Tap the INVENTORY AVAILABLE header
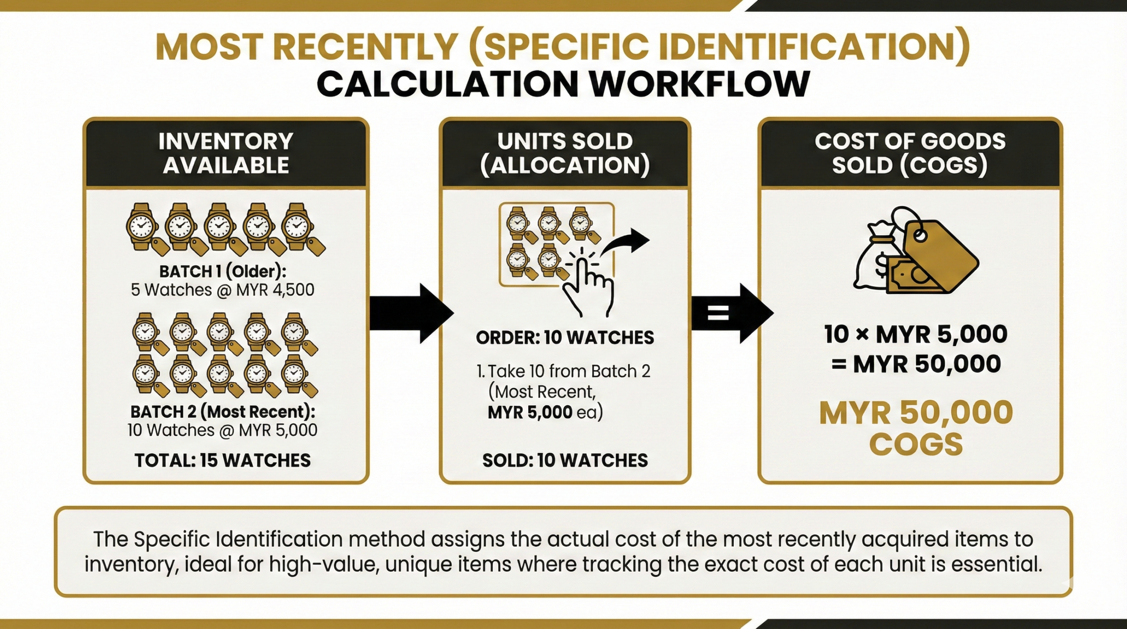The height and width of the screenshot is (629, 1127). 225,153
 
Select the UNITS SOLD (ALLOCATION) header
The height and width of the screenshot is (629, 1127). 565,153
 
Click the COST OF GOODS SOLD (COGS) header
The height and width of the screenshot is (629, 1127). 910,153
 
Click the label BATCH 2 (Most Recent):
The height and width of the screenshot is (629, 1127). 223,412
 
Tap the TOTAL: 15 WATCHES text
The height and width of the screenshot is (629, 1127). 223,460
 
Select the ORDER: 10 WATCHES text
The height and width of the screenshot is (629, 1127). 565,338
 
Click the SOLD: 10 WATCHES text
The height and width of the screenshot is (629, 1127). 565,460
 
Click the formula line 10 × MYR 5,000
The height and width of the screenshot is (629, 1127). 916,335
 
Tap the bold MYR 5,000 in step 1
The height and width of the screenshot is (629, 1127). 530,412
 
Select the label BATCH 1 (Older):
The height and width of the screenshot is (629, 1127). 223,272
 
